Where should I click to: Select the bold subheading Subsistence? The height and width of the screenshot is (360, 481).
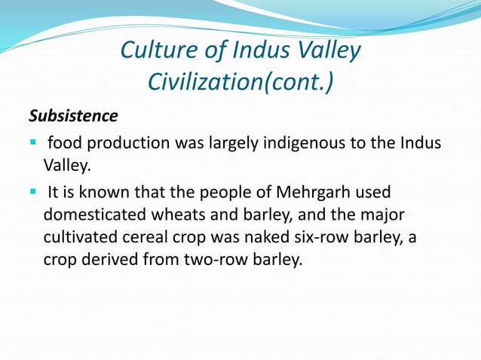pos(73,117)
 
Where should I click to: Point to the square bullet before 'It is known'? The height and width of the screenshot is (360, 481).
pos(34,191)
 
